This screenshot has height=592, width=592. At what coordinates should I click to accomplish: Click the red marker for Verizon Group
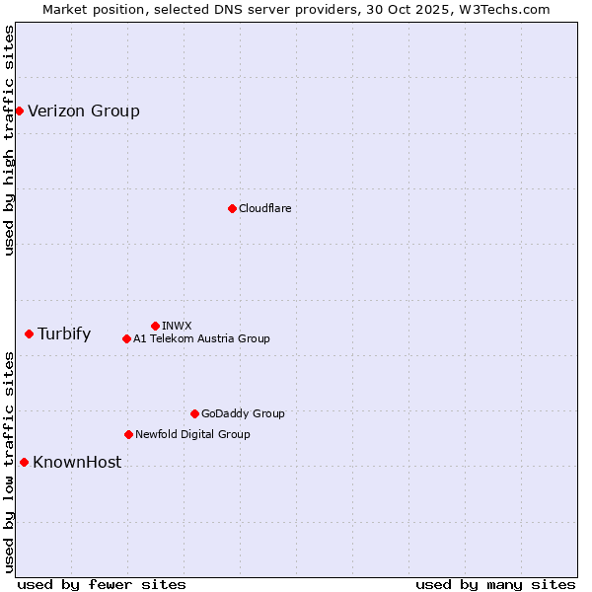pyautogui.click(x=19, y=111)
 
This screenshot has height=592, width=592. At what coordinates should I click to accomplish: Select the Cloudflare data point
pyautogui.click(x=232, y=208)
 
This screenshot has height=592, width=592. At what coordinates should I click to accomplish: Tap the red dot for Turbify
pyautogui.click(x=29, y=333)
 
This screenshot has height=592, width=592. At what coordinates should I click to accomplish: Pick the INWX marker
pyautogui.click(x=155, y=326)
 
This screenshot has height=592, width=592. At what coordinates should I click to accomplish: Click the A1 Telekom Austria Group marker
pyautogui.click(x=126, y=338)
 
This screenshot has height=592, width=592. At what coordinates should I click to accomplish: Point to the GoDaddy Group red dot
pyautogui.click(x=194, y=413)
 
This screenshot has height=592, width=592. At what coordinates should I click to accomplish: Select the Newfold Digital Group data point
pyautogui.click(x=128, y=434)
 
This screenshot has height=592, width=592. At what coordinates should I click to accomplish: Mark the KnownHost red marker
pyautogui.click(x=24, y=462)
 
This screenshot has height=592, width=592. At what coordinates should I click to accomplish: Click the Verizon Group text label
pyautogui.click(x=84, y=111)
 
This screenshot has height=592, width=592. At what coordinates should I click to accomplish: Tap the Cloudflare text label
pyautogui.click(x=265, y=208)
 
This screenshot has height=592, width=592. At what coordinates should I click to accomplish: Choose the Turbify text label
pyautogui.click(x=64, y=333)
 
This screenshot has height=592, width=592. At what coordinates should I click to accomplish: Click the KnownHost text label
pyautogui.click(x=77, y=462)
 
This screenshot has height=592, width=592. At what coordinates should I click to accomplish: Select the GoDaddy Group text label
pyautogui.click(x=243, y=413)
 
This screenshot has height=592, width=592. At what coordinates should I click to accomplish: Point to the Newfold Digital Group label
pyautogui.click(x=192, y=434)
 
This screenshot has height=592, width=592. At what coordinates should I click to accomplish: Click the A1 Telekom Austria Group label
pyautogui.click(x=201, y=338)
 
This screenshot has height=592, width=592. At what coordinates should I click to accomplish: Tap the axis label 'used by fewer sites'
pyautogui.click(x=102, y=584)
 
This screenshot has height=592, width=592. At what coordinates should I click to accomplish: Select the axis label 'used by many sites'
pyautogui.click(x=495, y=584)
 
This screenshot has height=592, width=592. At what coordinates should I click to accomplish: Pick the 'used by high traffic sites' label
pyautogui.click(x=9, y=140)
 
